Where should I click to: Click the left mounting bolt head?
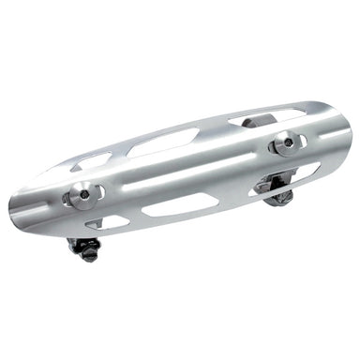(x=82, y=195)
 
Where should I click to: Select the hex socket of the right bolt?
(x=285, y=143)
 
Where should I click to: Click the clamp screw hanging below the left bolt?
(x=83, y=248)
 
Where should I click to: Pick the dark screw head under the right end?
(x=279, y=196)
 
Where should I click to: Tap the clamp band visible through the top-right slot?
(x=255, y=121)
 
